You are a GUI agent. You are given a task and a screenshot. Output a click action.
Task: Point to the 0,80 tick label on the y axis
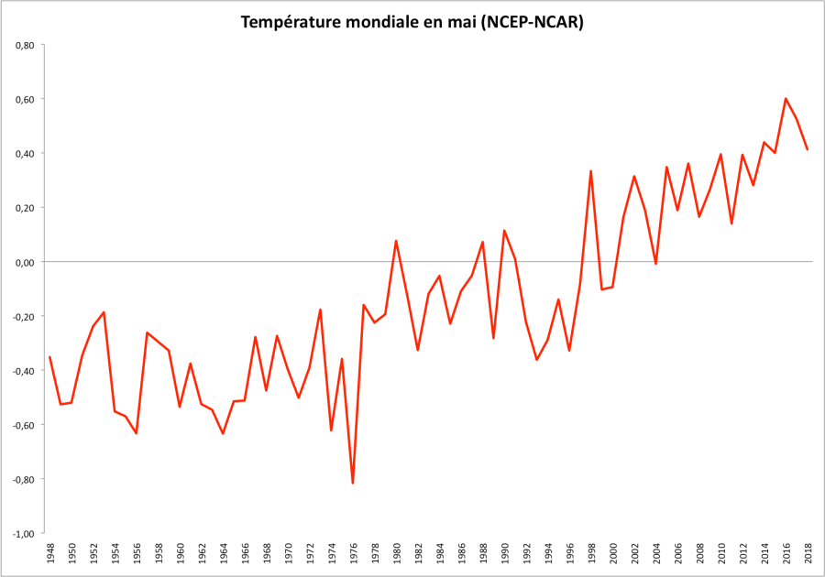tap(23, 45)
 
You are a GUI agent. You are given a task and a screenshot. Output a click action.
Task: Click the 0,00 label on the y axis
tap(23, 262)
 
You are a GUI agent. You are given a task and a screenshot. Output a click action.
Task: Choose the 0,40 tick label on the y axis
tap(23, 154)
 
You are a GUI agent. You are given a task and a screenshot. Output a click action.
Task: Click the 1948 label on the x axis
tap(49, 555)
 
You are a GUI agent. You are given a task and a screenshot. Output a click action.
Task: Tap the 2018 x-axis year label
tap(808, 555)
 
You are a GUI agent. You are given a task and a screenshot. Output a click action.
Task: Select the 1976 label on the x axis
tap(353, 555)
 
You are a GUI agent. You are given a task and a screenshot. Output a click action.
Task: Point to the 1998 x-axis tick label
tap(591, 555)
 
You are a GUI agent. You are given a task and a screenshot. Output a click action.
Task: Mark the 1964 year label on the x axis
tap(223, 555)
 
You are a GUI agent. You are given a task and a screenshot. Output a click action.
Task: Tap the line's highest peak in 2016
tap(786, 99)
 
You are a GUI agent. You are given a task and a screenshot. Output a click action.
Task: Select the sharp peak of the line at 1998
tap(591, 171)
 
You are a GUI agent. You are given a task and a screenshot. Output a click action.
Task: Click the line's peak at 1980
tap(396, 241)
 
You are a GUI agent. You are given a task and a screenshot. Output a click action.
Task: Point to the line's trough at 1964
tap(223, 433)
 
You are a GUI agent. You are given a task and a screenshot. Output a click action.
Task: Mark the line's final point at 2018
tap(808, 149)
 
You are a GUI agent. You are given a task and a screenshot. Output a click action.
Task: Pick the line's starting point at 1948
tap(49, 357)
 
